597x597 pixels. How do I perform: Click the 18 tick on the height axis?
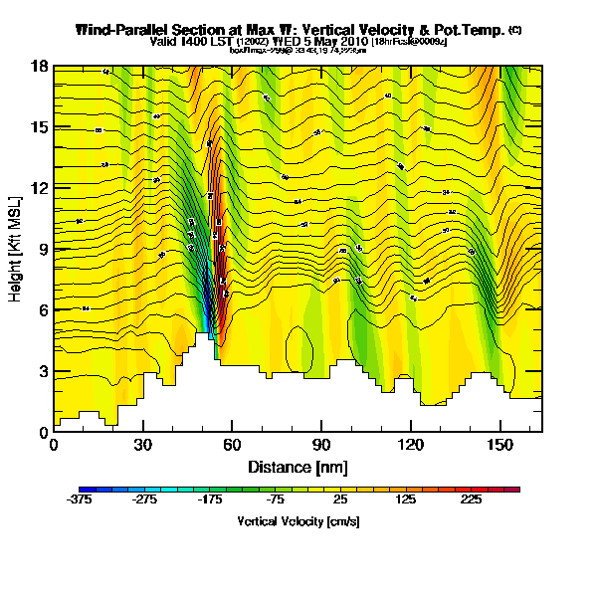click(x=40, y=67)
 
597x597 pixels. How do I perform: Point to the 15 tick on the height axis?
click(x=40, y=127)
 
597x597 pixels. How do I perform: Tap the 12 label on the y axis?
click(x=40, y=188)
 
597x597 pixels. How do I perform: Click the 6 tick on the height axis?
click(x=43, y=310)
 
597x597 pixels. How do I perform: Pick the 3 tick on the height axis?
click(x=43, y=371)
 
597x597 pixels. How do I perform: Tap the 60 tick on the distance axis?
click(x=232, y=444)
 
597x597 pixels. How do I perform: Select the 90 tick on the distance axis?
click(x=321, y=444)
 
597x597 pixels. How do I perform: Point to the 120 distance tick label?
click(x=411, y=444)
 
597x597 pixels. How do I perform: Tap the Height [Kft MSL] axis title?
click(x=17, y=249)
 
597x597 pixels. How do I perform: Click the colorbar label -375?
click(x=80, y=500)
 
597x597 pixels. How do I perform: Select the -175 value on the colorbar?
click(x=207, y=500)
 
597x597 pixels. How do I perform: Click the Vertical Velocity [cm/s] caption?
click(x=298, y=521)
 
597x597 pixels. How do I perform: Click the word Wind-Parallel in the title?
click(x=124, y=30)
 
